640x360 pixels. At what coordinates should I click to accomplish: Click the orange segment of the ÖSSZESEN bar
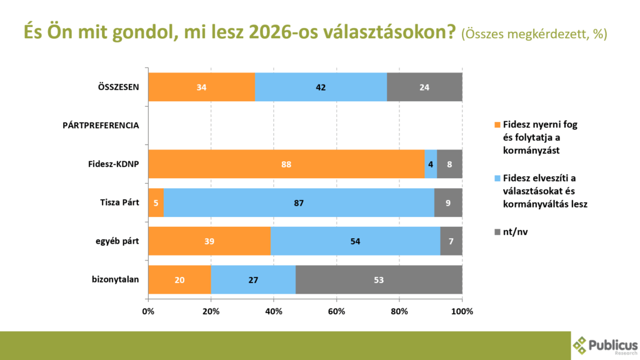(x=201, y=87)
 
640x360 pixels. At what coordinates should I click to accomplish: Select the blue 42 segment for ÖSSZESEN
(x=321, y=87)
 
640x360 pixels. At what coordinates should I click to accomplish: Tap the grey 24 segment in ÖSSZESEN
(x=424, y=87)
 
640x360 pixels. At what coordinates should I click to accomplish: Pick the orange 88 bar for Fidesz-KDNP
(x=286, y=164)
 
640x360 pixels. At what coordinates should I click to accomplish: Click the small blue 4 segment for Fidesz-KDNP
(x=431, y=164)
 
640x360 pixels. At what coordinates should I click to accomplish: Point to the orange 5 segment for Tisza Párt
(x=156, y=202)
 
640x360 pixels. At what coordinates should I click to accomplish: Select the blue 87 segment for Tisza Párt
(x=299, y=202)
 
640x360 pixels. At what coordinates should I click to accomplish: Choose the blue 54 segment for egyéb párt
(x=356, y=241)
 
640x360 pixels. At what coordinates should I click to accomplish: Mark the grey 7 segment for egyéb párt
(x=451, y=241)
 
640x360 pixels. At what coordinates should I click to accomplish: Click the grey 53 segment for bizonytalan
(x=379, y=279)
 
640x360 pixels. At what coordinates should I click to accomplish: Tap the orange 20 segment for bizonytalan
(x=179, y=279)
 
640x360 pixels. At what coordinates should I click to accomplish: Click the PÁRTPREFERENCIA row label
(x=101, y=126)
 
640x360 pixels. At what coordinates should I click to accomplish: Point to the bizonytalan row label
(x=116, y=279)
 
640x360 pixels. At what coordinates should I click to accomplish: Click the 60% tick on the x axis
(x=337, y=311)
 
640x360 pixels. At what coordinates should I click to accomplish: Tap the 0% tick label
(x=148, y=311)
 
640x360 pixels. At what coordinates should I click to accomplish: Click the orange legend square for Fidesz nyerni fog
(x=497, y=124)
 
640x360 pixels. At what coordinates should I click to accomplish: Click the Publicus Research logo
(x=606, y=345)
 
